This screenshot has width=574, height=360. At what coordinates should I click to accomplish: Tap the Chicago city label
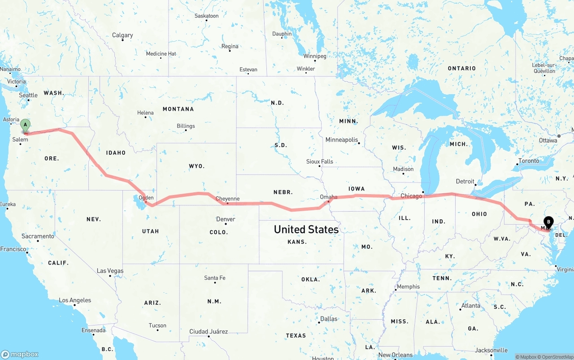(411, 196)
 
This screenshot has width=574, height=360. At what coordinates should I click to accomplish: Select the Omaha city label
(329, 197)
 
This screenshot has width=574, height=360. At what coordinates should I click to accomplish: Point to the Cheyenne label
(227, 199)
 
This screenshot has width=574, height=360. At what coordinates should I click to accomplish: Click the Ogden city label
(146, 198)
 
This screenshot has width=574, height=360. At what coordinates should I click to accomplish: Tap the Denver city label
(226, 219)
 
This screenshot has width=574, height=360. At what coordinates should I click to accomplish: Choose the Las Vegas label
(110, 271)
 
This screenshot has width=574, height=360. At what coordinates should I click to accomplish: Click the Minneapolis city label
(342, 140)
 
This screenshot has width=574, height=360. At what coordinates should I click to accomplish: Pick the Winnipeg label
(315, 56)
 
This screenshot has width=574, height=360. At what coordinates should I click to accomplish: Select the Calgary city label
(122, 35)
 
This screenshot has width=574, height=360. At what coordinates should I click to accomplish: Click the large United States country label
(306, 230)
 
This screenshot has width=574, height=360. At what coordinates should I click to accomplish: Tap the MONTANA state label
(178, 109)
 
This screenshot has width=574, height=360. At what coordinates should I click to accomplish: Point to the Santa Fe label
(215, 278)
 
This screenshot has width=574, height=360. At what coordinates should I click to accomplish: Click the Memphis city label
(408, 286)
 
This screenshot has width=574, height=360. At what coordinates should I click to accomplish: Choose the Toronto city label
(529, 160)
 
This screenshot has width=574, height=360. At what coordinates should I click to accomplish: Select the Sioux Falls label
(320, 161)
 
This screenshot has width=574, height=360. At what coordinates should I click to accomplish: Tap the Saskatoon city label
(207, 16)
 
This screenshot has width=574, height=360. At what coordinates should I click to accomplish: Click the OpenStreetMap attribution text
(556, 357)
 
